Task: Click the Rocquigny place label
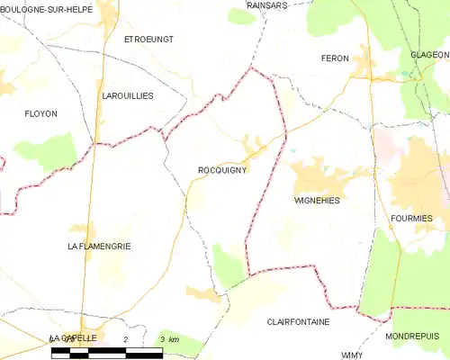222,168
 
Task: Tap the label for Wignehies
318,200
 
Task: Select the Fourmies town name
412,218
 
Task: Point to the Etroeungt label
148,40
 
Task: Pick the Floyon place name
40,113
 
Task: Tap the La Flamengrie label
100,245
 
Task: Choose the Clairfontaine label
298,321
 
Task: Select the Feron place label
334,58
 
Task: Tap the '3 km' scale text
167,338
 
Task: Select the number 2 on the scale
126,338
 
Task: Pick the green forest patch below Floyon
56,151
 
